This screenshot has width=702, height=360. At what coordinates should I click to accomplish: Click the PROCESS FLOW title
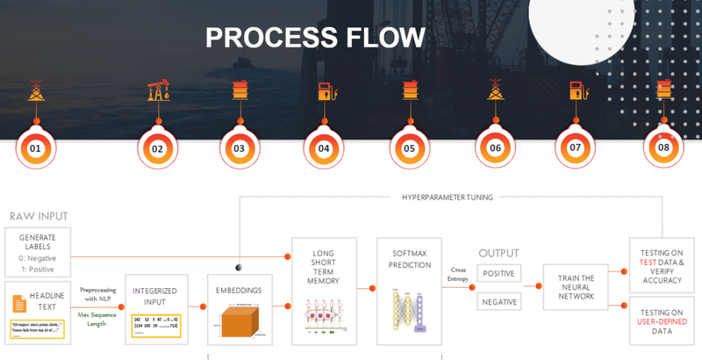coord(315,37)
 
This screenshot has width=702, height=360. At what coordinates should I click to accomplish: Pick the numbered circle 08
coord(663,148)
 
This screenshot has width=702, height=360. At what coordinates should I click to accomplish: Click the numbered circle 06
coord(496,148)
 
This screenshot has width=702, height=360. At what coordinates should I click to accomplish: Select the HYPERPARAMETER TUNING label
coord(448,198)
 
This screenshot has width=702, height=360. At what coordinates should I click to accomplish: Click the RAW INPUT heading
coord(39,216)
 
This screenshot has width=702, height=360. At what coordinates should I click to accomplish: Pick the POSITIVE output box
coord(499,273)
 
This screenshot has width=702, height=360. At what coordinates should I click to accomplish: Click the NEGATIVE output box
coord(499,302)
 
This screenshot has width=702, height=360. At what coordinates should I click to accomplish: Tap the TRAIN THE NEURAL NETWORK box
coord(576,288)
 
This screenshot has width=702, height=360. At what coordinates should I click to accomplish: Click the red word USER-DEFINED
coord(662,321)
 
